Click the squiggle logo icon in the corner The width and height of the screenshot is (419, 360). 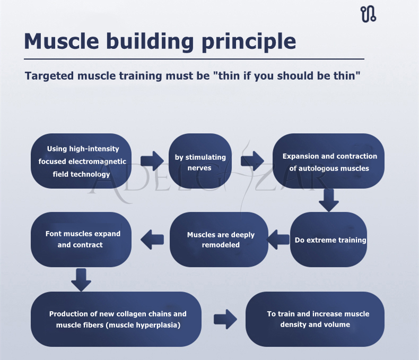[368, 14]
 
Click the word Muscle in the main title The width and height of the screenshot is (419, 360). [62, 41]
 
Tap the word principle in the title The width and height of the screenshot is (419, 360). [249, 42]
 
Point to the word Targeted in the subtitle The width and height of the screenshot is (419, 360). [49, 76]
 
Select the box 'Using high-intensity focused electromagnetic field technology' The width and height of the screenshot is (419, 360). [81, 161]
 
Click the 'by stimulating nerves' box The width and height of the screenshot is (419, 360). [200, 161]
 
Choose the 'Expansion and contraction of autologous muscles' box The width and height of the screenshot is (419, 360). [328, 161]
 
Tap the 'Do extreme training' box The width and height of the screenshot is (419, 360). [328, 239]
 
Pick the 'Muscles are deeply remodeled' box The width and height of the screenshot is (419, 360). [219, 239]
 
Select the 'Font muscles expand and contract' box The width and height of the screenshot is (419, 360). [81, 239]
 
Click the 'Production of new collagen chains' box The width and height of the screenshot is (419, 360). [116, 319]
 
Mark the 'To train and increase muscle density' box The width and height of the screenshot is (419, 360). [315, 319]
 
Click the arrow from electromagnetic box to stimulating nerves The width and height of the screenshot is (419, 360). [152, 161]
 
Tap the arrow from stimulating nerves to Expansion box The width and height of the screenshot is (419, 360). [252, 161]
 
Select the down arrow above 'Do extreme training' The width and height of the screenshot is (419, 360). [329, 200]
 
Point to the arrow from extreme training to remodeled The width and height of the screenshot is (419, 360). [278, 239]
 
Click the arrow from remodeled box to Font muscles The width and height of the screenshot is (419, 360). [152, 239]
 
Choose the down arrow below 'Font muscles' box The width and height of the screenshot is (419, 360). [81, 280]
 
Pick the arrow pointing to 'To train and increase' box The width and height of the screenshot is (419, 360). [225, 319]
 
